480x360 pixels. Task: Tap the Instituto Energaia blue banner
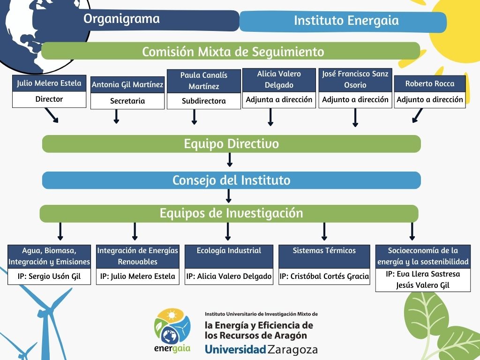tap(346, 21)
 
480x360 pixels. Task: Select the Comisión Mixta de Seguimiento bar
tap(232, 51)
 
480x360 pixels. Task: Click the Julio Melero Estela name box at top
tap(49, 83)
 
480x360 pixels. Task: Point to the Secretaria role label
tap(127, 101)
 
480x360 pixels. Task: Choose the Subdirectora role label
tap(204, 101)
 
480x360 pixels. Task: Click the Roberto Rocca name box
tap(430, 84)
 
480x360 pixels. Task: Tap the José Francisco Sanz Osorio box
tap(355, 80)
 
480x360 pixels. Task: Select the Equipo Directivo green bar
tap(232, 143)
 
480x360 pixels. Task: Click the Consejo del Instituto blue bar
tap(232, 180)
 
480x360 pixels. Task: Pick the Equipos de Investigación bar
tap(229, 213)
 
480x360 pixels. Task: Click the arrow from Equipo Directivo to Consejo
tap(230, 159)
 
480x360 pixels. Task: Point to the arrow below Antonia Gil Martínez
tap(116, 116)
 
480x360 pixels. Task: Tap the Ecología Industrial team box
tap(229, 256)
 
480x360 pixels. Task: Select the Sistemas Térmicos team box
tap(324, 256)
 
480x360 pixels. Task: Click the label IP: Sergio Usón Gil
tap(49, 277)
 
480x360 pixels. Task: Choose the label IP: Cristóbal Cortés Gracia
tap(324, 277)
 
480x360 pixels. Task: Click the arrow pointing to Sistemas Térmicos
tap(324, 231)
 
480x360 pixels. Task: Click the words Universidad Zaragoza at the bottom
tap(261, 350)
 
